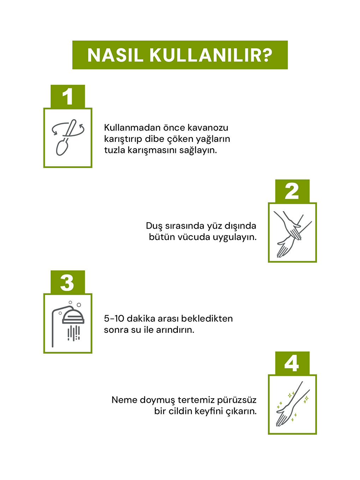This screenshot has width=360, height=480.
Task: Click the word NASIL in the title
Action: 115,55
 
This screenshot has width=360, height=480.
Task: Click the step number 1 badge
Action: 67,96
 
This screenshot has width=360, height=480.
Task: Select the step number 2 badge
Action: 292,191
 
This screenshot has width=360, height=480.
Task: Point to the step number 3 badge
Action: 67,282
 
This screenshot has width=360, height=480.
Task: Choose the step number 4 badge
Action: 292,363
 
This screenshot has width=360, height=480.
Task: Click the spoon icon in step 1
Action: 67,138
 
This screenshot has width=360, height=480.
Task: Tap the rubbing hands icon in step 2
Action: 292,233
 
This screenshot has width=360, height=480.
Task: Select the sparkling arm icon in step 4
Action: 292,404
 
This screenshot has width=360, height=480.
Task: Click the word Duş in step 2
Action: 154,226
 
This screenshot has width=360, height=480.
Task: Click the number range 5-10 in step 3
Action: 114,318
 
